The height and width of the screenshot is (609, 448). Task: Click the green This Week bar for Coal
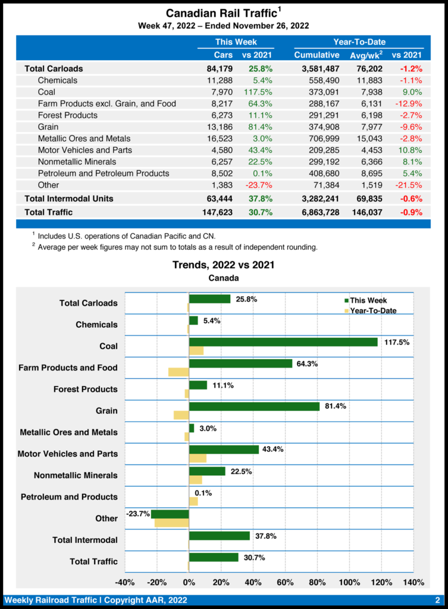tap(283, 342)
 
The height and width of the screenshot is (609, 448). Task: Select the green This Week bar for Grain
tap(254, 407)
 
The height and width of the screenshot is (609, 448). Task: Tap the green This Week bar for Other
tap(170, 514)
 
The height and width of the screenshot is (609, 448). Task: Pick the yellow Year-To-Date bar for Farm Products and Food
tap(178, 372)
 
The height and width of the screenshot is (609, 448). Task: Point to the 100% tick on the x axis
tap(349, 582)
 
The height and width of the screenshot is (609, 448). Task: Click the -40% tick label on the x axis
tap(124, 582)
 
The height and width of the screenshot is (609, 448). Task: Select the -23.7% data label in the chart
tap(137, 513)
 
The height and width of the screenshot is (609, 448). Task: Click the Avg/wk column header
tap(366, 55)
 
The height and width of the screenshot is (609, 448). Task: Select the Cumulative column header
tap(317, 55)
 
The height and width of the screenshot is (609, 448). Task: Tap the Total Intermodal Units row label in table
tap(68, 198)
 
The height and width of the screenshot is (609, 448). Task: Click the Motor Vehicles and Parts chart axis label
tap(67, 454)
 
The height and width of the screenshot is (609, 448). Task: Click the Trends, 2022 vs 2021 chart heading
tap(223, 265)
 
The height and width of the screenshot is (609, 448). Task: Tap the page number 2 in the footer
tap(437, 599)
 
